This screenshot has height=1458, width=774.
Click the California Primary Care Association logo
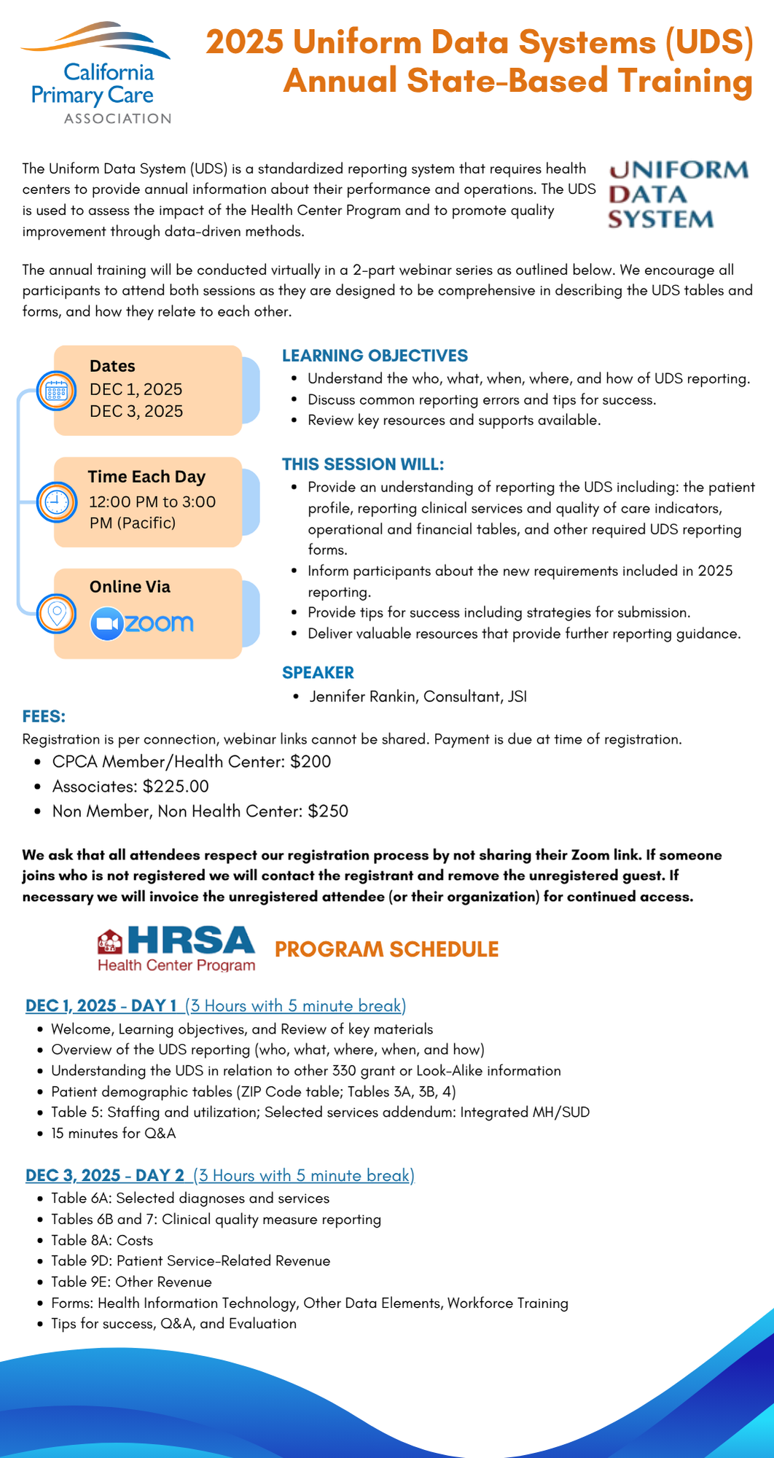(x=97, y=74)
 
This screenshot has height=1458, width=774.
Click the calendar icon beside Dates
(x=56, y=391)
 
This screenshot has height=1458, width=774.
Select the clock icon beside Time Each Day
(x=56, y=502)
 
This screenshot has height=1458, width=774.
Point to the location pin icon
(x=56, y=614)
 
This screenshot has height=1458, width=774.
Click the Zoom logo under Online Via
(x=142, y=624)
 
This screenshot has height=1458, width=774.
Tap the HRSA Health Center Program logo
(x=176, y=948)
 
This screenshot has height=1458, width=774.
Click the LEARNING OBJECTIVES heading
(x=375, y=356)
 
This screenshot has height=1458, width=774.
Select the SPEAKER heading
(x=318, y=673)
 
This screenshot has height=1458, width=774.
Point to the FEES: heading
(x=44, y=717)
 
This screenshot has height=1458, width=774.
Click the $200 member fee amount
(x=310, y=762)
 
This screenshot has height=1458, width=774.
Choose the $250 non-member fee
(x=328, y=811)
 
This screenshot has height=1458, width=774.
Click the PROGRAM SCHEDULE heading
(x=386, y=949)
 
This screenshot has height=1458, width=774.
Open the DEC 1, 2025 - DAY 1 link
(x=101, y=1006)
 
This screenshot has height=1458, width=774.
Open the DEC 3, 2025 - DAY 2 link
(x=105, y=1175)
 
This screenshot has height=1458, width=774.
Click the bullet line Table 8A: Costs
(x=102, y=1240)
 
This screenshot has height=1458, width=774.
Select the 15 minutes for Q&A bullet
(x=113, y=1134)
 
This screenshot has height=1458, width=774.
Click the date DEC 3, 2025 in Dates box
(x=136, y=411)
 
